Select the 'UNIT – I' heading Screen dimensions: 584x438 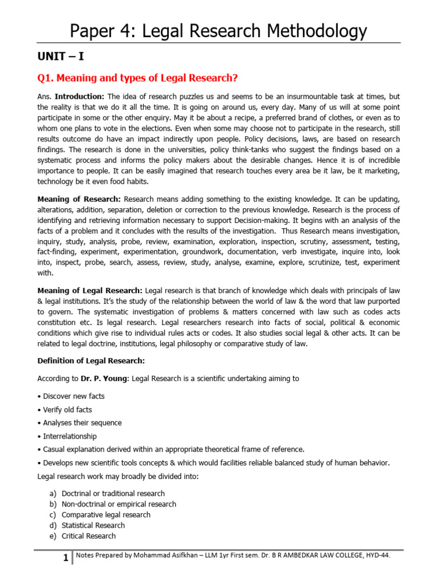coord(61,56)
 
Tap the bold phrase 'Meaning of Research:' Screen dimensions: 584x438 coord(79,198)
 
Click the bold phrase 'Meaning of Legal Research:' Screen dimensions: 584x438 coord(90,290)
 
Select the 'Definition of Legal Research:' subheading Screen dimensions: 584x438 coord(91,360)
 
